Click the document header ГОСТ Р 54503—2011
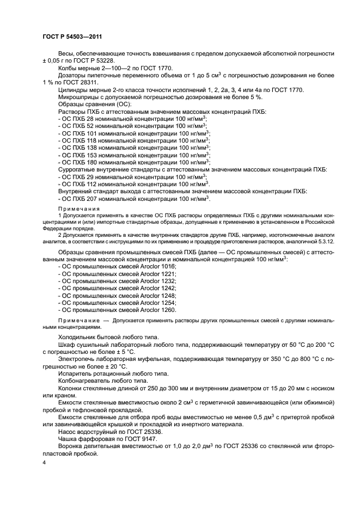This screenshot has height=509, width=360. (73, 36)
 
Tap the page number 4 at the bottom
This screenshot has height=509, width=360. (44, 462)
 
